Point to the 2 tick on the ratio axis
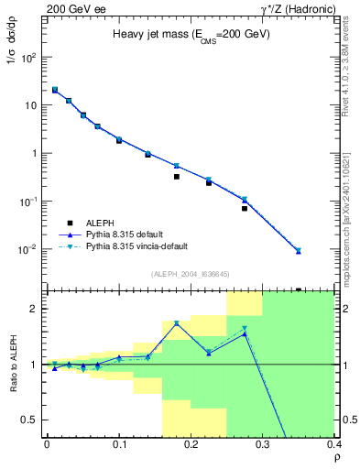36,309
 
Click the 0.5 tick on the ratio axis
31,420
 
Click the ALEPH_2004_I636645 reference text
191,275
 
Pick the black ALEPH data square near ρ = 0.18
176,176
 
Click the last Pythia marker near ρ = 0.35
298,250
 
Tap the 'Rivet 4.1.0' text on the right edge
351,82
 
